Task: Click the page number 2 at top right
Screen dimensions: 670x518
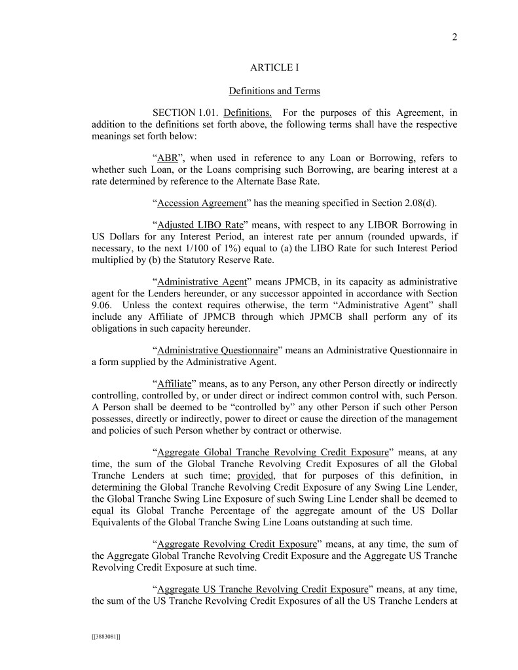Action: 454,37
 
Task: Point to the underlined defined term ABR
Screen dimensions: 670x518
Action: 168,158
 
